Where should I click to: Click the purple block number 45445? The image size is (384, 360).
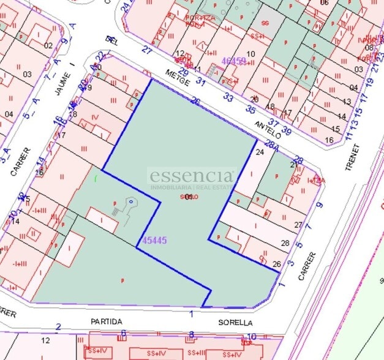(x=154, y=241)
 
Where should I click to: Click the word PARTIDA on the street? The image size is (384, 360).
(x=107, y=321)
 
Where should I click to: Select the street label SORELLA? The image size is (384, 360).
(x=236, y=322)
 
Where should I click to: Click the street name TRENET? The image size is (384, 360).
(x=350, y=157)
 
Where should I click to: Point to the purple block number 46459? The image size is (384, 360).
(x=233, y=61)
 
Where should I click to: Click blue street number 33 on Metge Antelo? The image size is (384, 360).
(x=228, y=97)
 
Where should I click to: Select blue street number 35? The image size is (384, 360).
(x=250, y=110)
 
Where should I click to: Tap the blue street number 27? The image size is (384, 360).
(x=146, y=50)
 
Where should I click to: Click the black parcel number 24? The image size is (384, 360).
(x=260, y=152)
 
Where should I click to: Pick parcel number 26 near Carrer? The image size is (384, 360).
(x=276, y=264)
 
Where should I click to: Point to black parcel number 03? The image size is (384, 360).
(x=27, y=74)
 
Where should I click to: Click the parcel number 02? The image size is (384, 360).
(x=48, y=45)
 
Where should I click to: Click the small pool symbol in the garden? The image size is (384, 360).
(x=130, y=201)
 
